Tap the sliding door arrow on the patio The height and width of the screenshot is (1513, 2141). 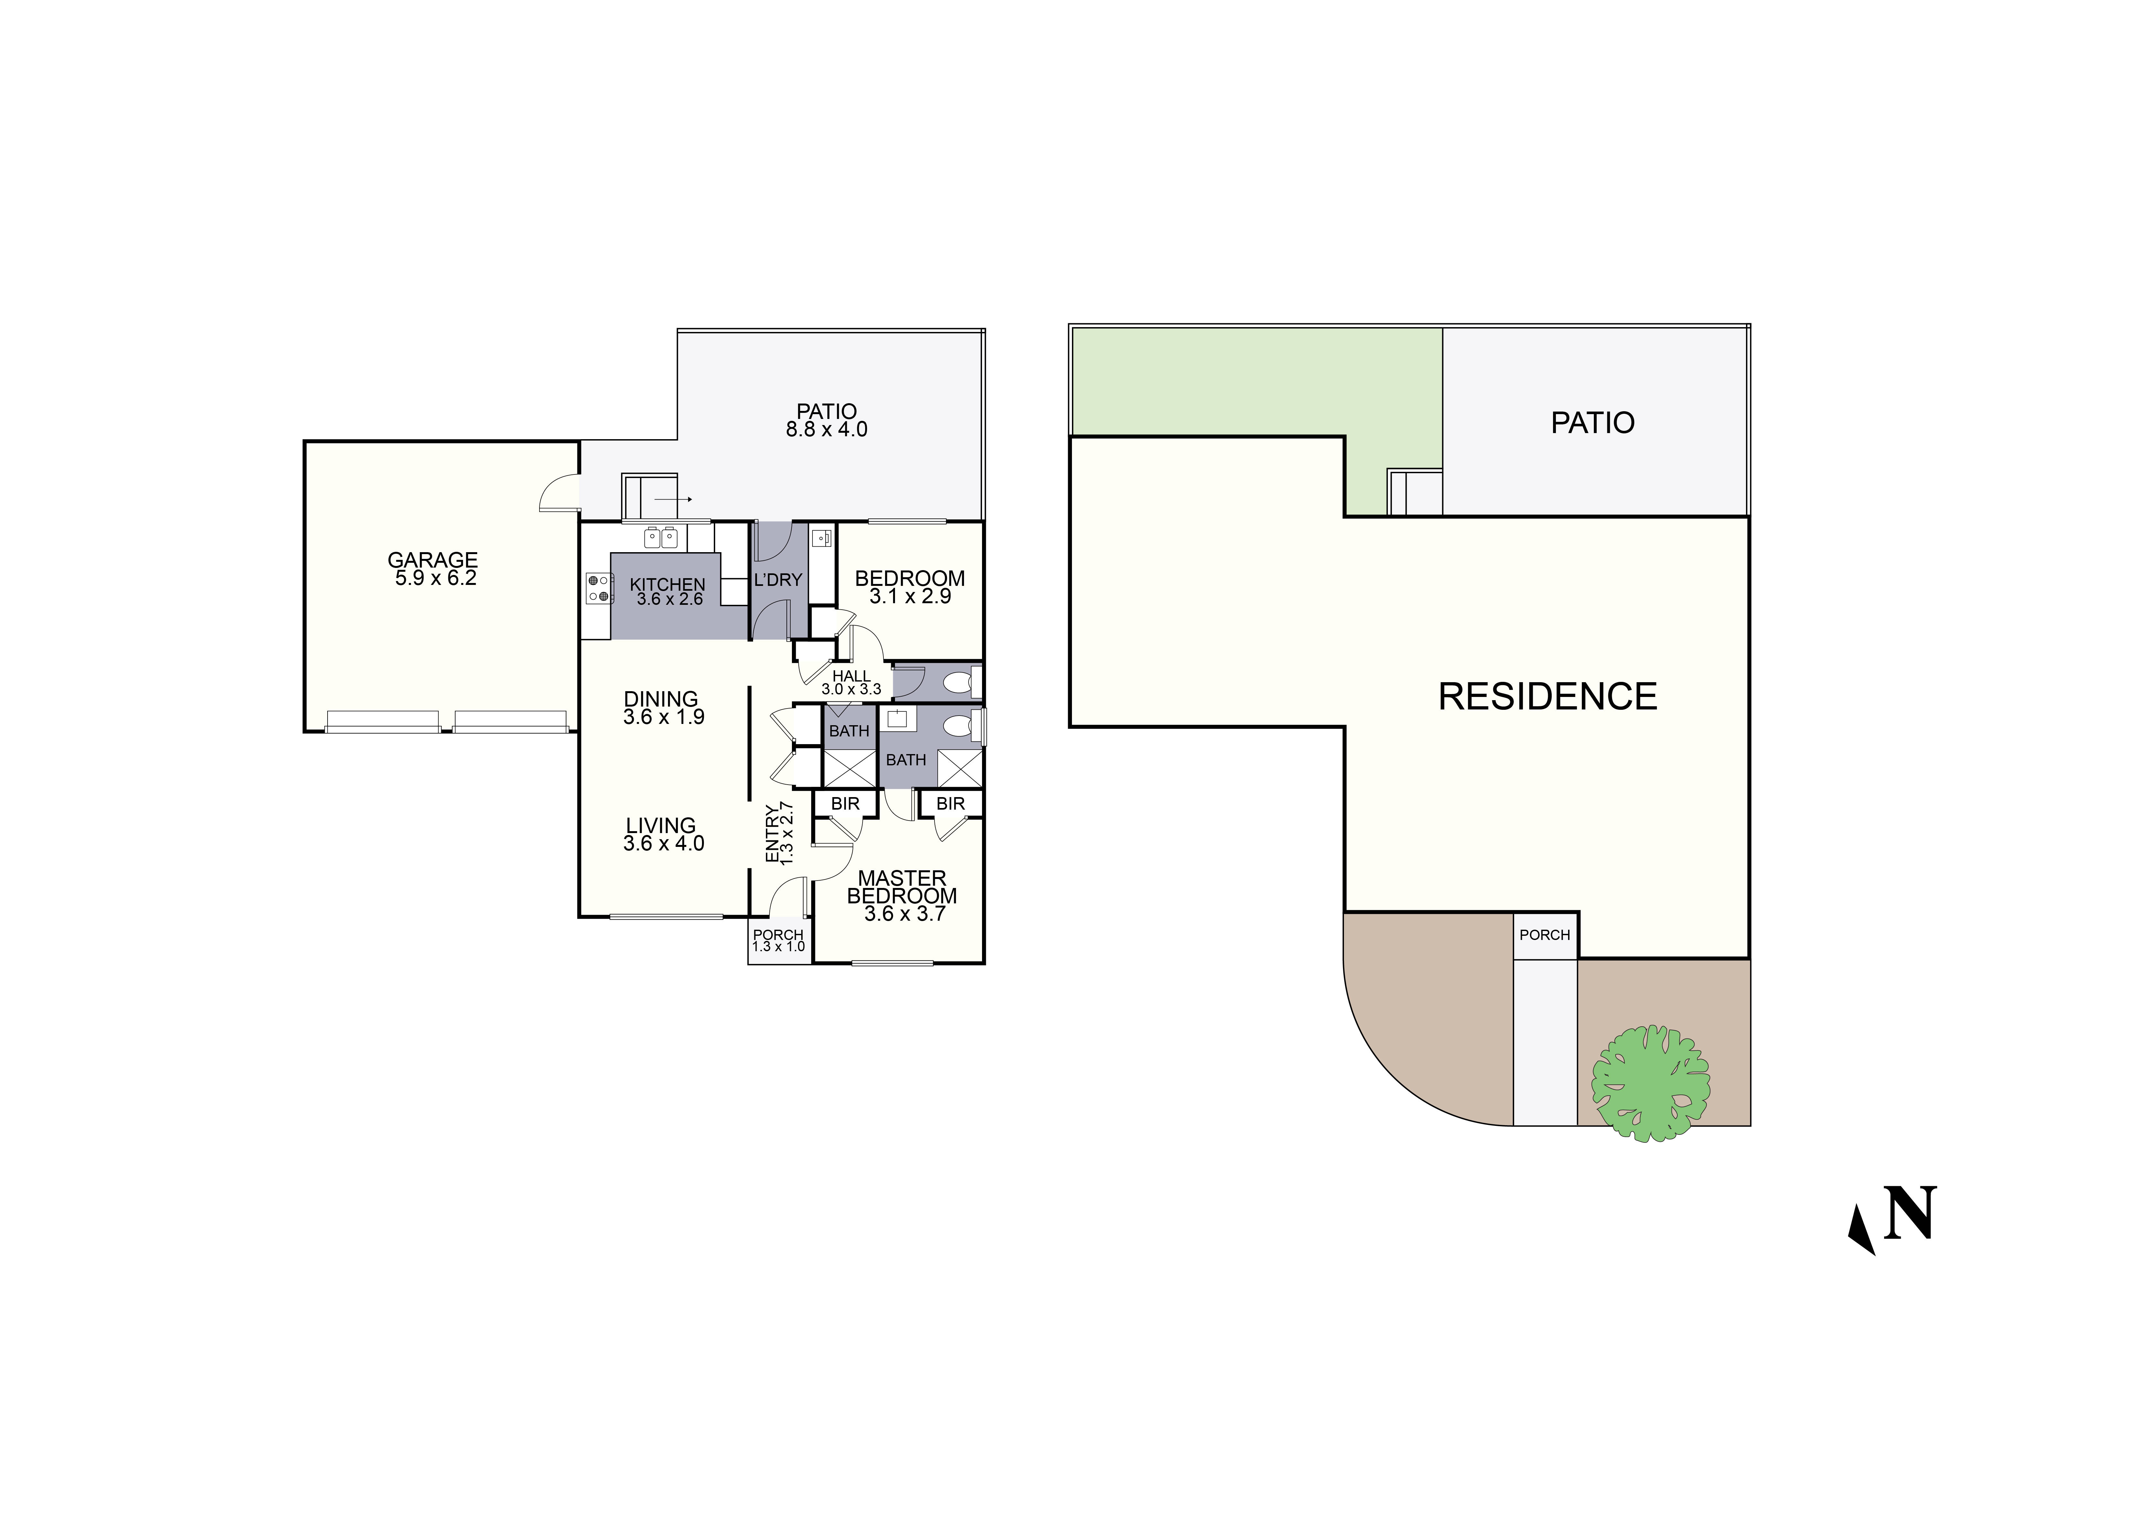click(673, 500)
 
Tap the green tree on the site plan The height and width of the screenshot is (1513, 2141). click(1651, 1083)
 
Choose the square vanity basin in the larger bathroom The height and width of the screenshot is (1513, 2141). click(897, 719)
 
